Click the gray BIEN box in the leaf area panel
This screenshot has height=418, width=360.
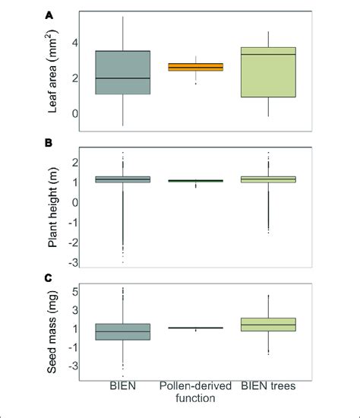[122, 72]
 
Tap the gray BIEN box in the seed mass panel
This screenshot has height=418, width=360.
[122, 331]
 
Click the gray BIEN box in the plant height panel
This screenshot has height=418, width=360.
[122, 180]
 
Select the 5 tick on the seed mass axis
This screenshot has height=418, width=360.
[74, 292]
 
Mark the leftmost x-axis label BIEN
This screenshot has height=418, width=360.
[122, 388]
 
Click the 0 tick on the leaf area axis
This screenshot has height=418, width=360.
[74, 113]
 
